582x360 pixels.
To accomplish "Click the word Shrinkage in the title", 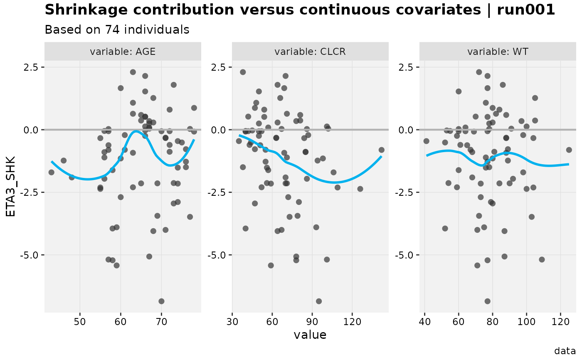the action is [x=86, y=10].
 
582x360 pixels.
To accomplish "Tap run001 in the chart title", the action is [x=526, y=10].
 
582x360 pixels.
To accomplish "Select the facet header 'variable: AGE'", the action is [x=123, y=52].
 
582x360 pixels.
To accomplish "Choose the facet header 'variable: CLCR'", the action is [x=310, y=52].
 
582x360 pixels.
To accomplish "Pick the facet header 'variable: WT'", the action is [x=498, y=52].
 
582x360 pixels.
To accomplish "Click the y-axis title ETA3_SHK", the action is [x=11, y=186].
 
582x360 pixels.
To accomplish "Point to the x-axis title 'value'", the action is [x=310, y=335].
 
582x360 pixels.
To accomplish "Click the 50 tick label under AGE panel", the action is [x=80, y=322].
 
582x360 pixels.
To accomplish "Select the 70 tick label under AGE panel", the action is [x=161, y=322].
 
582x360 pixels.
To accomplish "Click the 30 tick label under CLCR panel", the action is [x=232, y=322].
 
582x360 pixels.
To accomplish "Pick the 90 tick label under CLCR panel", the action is [x=312, y=322].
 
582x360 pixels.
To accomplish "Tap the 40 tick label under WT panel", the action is [x=424, y=322].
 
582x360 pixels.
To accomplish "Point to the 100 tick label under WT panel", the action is [x=526, y=322].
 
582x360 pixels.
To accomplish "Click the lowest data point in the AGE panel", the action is [x=161, y=301].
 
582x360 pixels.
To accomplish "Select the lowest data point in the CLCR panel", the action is [x=319, y=301].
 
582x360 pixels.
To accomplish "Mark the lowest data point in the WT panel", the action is [x=487, y=301].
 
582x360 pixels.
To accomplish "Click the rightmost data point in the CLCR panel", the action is [x=382, y=150].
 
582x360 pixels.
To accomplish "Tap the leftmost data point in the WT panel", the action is [x=427, y=141].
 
